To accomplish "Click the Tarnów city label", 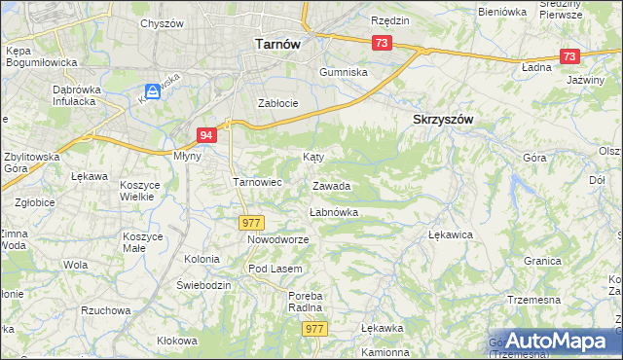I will point(276,44).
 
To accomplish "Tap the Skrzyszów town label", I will point(436,119).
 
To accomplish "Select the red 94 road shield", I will point(205,135).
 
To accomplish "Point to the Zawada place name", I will point(331,186).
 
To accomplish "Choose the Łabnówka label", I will point(334,212).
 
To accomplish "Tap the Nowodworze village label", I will point(277,239).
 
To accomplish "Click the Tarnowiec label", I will point(257,181).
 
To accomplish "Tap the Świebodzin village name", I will point(202,285).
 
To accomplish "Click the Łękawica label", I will point(451,235).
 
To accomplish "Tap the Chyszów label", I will point(161,23).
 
